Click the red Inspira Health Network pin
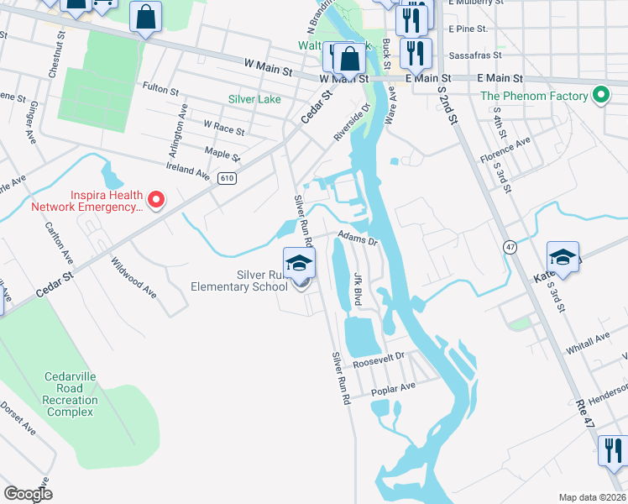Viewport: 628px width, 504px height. (x=155, y=200)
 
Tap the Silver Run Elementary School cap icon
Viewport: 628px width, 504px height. (x=299, y=264)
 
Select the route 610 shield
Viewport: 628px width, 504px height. (x=225, y=178)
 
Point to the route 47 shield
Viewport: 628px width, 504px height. (x=509, y=246)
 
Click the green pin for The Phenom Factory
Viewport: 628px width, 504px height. (x=600, y=96)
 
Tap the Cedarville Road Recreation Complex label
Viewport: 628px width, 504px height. (x=71, y=394)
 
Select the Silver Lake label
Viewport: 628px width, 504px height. (x=255, y=98)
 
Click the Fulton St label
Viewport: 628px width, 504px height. (x=161, y=87)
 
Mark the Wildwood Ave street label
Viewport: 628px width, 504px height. (x=134, y=277)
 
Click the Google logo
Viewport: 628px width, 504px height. (x=28, y=494)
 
